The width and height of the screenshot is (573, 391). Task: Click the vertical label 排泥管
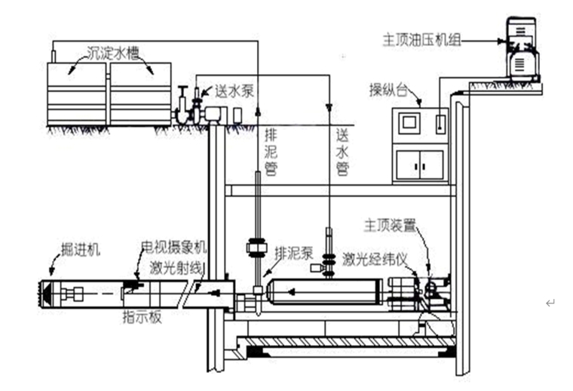point(271,152)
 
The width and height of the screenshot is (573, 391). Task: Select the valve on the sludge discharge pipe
point(257,248)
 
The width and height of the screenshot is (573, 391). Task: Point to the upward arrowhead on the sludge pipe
point(257,112)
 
